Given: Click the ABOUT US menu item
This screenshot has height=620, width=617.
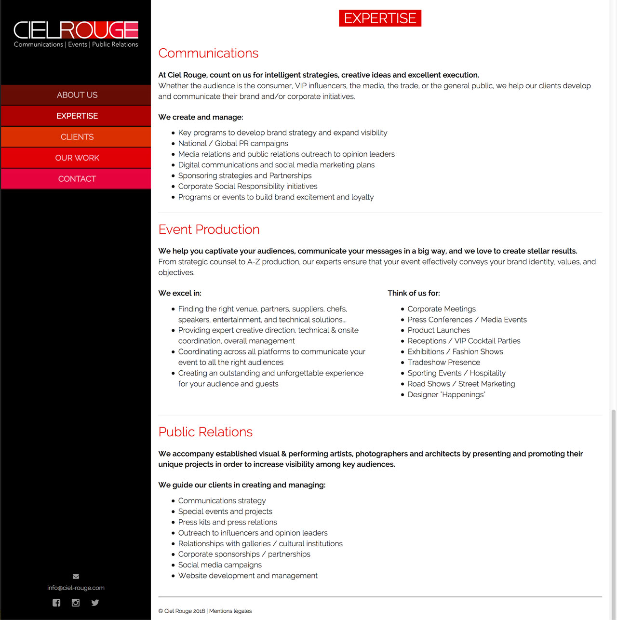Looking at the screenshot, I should [x=77, y=95].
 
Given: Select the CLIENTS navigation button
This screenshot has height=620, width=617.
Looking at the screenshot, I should [x=77, y=137].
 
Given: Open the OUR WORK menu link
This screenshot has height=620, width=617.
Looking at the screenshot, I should [x=77, y=158].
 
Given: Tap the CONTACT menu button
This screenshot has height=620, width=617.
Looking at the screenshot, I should [x=77, y=179].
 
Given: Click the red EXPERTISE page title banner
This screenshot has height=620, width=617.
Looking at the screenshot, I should [x=380, y=18].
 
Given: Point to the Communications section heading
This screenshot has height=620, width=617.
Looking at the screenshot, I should [x=208, y=53].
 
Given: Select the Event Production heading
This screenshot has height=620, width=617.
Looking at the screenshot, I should [x=209, y=229].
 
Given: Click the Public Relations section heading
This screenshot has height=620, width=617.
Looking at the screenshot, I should [x=205, y=432].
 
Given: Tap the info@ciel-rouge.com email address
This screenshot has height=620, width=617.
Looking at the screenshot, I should [x=76, y=588].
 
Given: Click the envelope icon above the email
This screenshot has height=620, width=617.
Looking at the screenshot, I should [x=76, y=576].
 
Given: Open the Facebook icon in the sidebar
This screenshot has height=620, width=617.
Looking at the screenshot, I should [x=56, y=603].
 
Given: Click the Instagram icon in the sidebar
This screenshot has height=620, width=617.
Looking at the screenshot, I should [x=76, y=603].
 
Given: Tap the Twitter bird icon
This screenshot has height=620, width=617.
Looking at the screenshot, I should [x=95, y=603].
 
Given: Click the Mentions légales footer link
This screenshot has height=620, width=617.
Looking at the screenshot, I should [x=230, y=611].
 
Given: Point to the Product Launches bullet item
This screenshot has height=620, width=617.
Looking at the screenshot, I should [x=439, y=330].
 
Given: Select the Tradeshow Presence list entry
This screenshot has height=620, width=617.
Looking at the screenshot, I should [x=443, y=363].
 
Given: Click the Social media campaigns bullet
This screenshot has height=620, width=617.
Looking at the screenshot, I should [x=220, y=565].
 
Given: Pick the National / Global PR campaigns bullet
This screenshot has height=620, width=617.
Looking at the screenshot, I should [x=233, y=143].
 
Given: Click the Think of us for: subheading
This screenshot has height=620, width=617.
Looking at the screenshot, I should [x=414, y=293].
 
